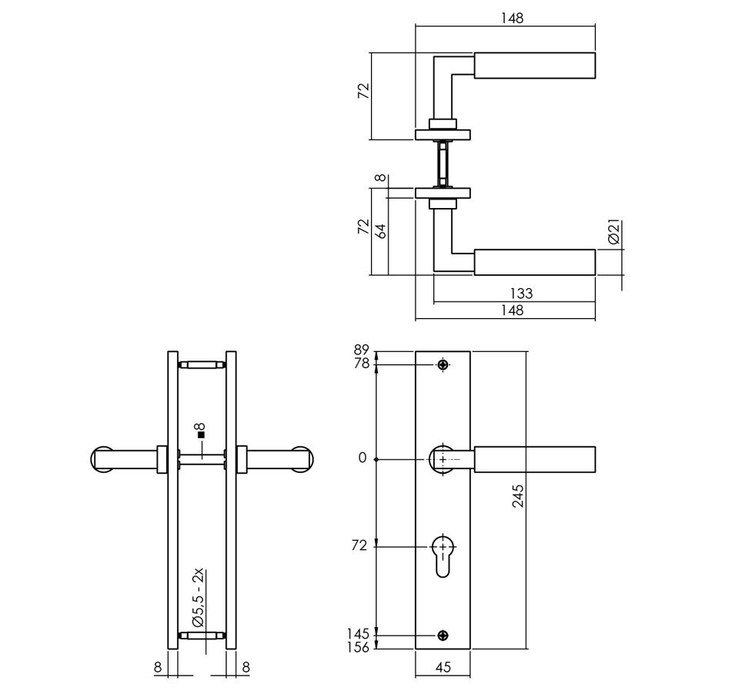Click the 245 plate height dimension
click(519, 496)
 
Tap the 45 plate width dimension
click(443, 667)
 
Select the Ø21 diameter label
click(613, 232)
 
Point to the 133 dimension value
click(522, 294)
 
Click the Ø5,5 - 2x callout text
click(198, 597)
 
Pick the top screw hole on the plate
click(443, 364)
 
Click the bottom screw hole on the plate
click(443, 636)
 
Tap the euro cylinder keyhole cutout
click(443, 556)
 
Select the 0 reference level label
click(363, 458)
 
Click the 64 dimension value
click(381, 230)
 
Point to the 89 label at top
click(361, 350)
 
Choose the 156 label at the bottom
click(358, 647)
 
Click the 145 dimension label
click(358, 634)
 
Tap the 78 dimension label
click(361, 364)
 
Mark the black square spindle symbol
click(201, 434)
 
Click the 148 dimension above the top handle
click(513, 18)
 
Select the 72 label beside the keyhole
click(359, 545)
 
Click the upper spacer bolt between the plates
click(202, 365)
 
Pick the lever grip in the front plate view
click(535, 459)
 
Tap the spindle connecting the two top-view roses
click(443, 164)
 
